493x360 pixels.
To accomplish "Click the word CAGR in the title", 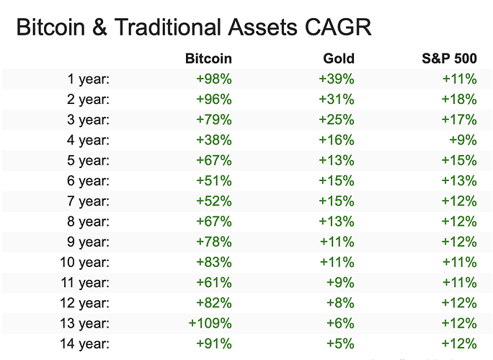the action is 338,27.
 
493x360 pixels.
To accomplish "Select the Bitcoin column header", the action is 208,58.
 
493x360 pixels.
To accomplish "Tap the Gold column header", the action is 339,58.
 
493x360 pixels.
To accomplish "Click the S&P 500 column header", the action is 449,58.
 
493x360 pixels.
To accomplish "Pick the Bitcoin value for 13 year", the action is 210,323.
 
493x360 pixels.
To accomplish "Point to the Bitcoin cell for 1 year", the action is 214,79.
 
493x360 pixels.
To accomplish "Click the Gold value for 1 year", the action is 337,79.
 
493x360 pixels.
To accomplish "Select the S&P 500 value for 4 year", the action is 463,140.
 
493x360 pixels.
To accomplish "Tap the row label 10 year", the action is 85,262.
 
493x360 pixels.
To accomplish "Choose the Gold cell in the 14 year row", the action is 340,343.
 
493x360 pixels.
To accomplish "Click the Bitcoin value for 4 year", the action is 214,140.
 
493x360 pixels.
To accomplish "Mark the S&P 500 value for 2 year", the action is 459,100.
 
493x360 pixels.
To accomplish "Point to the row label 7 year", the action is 89,201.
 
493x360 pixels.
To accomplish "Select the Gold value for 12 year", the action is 340,303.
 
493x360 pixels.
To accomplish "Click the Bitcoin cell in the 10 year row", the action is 214,262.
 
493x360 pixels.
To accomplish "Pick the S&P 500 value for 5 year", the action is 459,160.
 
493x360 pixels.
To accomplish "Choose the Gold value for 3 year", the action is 337,120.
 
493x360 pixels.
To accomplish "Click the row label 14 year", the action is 85,343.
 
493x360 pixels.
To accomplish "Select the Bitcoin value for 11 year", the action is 214,283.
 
